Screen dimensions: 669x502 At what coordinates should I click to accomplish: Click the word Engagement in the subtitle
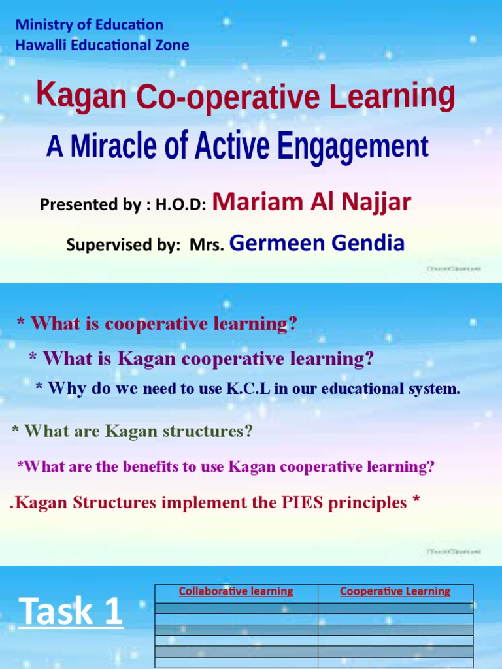[353, 146]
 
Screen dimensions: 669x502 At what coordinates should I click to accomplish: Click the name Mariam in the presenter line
[252, 203]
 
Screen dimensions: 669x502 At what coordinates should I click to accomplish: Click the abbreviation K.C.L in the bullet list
[248, 389]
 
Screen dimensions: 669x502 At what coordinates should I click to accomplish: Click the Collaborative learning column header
[236, 591]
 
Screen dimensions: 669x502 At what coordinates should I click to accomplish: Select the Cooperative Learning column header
[395, 591]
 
